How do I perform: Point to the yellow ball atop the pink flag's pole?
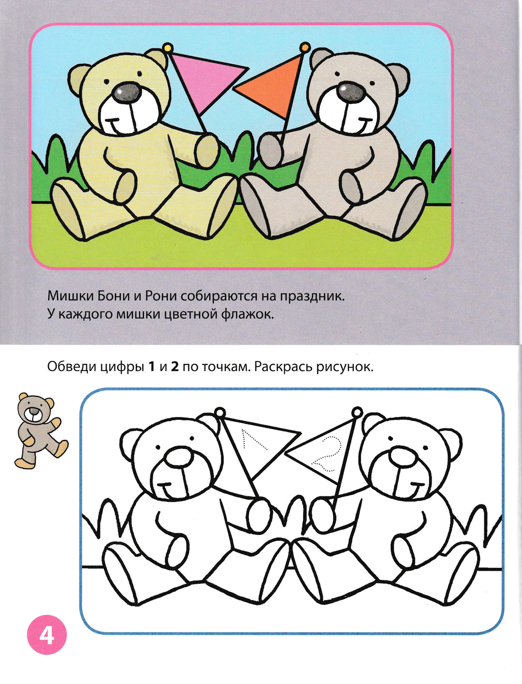pyautogui.click(x=168, y=48)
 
